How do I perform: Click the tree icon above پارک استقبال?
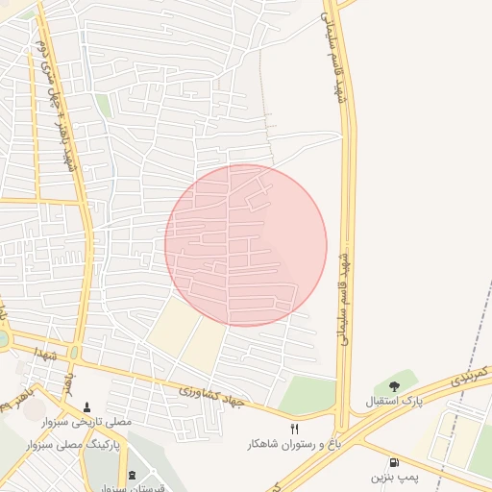point(395,385)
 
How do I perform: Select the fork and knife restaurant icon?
point(295,429)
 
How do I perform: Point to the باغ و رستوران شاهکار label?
point(295,443)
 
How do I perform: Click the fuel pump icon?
point(395,461)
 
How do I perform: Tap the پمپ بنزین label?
point(395,477)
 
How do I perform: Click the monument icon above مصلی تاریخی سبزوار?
point(88,407)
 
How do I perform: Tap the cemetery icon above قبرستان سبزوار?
point(132,476)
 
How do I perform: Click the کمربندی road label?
point(471,377)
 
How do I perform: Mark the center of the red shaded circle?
point(246,245)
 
